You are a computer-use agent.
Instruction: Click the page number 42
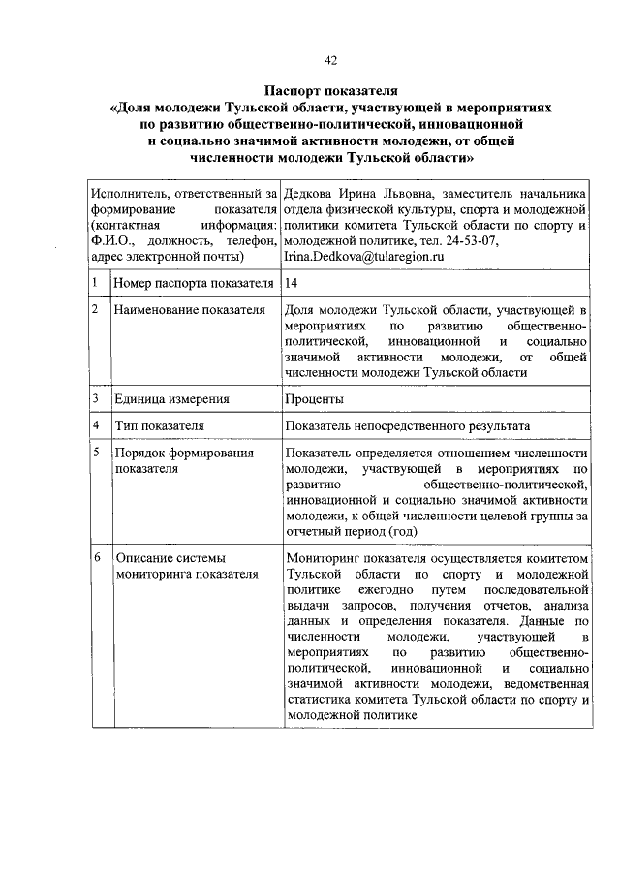330,60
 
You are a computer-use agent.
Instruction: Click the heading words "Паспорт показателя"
330,90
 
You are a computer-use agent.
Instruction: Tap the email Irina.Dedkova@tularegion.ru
363,256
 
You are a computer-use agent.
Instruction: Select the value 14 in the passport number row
293,283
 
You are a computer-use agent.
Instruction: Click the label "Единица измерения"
171,398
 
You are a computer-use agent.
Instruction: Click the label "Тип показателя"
159,425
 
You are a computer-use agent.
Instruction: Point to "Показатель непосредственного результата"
407,425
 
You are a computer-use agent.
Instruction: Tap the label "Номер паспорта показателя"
193,283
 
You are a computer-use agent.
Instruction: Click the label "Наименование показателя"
189,309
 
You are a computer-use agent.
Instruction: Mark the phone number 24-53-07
474,240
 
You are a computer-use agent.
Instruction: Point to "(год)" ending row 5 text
402,531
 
